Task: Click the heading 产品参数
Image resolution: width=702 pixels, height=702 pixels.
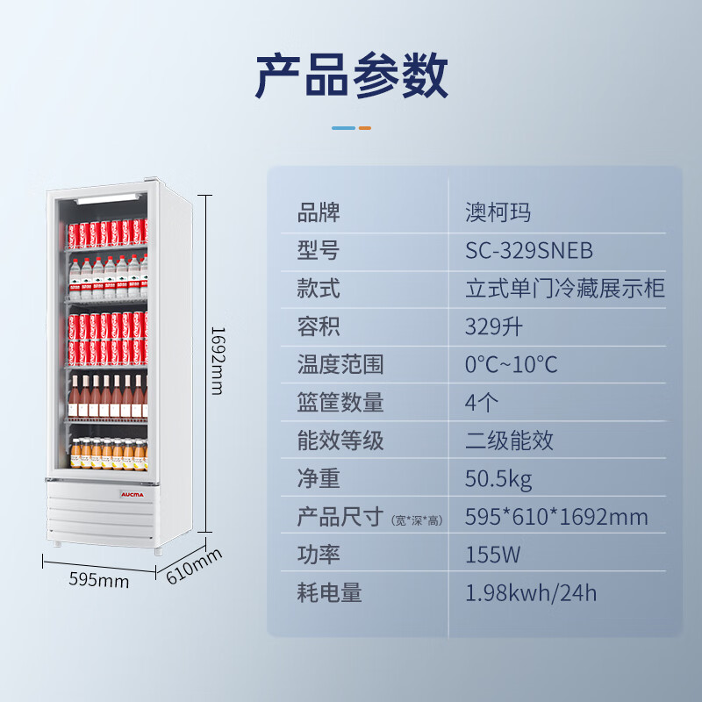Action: (x=351, y=76)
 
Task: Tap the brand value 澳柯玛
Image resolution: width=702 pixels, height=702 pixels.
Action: (x=498, y=212)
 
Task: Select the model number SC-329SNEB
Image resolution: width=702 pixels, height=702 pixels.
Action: (x=529, y=251)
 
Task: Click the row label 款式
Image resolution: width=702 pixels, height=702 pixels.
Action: (x=319, y=289)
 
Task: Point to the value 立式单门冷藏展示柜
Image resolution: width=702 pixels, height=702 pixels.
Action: (x=565, y=289)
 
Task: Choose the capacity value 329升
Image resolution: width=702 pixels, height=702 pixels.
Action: (x=494, y=327)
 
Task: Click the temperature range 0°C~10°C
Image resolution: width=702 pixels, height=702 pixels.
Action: (x=511, y=364)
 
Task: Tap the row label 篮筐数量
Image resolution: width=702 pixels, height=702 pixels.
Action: (x=340, y=403)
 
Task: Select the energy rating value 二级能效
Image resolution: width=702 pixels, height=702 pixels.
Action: (x=509, y=440)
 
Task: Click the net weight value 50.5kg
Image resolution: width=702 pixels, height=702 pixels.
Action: (x=498, y=479)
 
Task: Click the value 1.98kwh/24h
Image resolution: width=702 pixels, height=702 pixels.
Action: (x=531, y=593)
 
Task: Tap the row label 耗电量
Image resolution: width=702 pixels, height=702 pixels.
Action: (x=329, y=593)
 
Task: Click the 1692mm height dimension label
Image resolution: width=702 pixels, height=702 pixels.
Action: (x=217, y=360)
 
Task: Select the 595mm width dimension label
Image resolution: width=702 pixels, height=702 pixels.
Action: (x=98, y=581)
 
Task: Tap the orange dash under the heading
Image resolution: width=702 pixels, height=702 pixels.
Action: (x=365, y=128)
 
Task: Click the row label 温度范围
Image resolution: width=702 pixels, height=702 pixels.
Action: (x=340, y=364)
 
